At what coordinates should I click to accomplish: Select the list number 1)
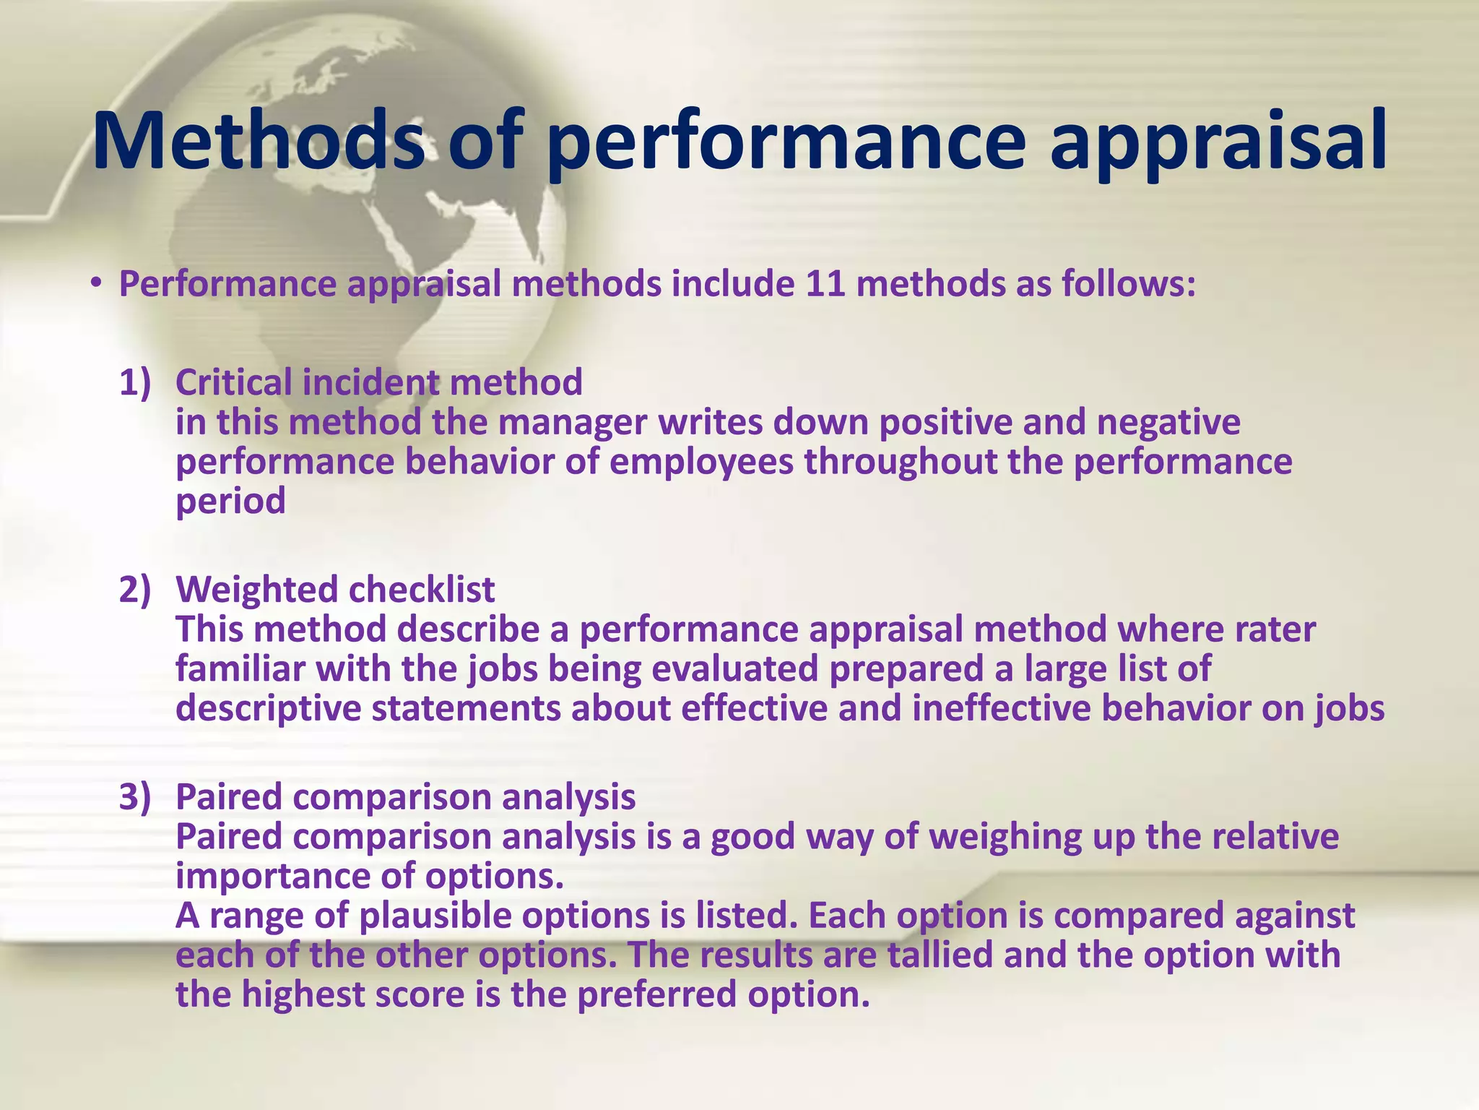(135, 382)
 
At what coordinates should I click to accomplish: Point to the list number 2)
(135, 590)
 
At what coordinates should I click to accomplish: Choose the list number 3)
(135, 797)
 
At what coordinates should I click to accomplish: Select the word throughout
(900, 462)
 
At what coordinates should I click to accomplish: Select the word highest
(303, 994)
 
